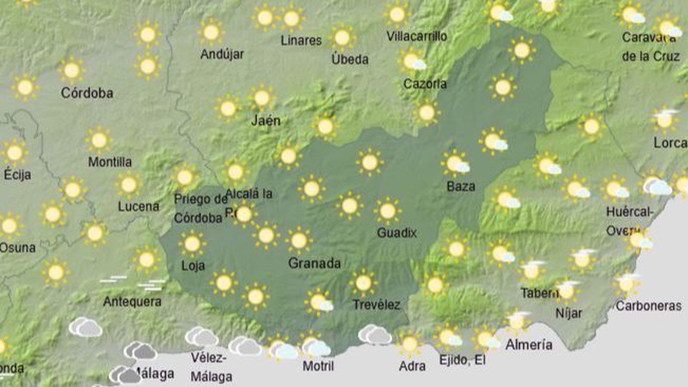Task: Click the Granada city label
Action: pyautogui.click(x=314, y=263)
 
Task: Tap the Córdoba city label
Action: pyautogui.click(x=87, y=93)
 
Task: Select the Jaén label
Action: pyautogui.click(x=266, y=121)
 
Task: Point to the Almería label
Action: pyautogui.click(x=529, y=344)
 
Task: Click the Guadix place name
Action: pyautogui.click(x=396, y=233)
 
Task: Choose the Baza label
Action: pyautogui.click(x=461, y=187)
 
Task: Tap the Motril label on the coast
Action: pyautogui.click(x=318, y=366)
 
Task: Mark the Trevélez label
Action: pyautogui.click(x=376, y=305)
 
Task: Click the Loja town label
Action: pyautogui.click(x=193, y=265)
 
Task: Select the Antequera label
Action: pyautogui.click(x=132, y=301)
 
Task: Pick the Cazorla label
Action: pyautogui.click(x=425, y=84)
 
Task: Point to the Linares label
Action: pyautogui.click(x=301, y=41)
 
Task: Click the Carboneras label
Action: pyautogui.click(x=648, y=306)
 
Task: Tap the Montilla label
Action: pyautogui.click(x=110, y=162)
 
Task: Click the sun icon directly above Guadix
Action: pyautogui.click(x=387, y=211)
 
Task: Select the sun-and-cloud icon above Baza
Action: pyautogui.click(x=455, y=164)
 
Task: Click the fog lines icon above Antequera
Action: pyautogui.click(x=113, y=279)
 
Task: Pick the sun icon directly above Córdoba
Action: pyautogui.click(x=71, y=70)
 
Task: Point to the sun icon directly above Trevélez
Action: pyautogui.click(x=363, y=283)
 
